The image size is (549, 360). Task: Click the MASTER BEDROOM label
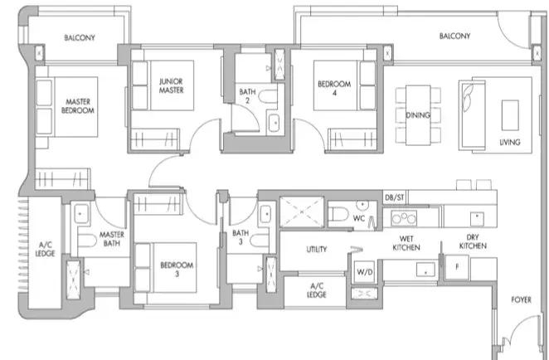coord(78,106)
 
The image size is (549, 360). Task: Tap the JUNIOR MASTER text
coord(171,85)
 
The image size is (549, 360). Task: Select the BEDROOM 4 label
coord(334,88)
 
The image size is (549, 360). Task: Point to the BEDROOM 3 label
coord(177,270)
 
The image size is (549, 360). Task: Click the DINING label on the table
coord(418,115)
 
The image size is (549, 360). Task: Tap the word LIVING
coord(510,142)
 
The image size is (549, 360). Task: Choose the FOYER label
coord(522,299)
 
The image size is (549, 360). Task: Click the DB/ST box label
coord(395,197)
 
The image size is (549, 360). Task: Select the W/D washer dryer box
coord(365,271)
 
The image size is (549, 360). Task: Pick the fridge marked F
coord(457,267)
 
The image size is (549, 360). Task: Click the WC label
coord(359,218)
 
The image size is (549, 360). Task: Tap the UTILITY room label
coord(317,250)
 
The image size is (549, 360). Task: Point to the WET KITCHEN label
coord(406,243)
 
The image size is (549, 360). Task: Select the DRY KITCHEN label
coord(473,241)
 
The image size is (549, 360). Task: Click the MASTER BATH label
coord(112,239)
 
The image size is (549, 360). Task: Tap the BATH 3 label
coord(240,237)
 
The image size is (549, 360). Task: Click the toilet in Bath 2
coord(268,96)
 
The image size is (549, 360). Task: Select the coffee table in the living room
coord(510,115)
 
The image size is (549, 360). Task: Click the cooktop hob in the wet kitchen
coord(404,218)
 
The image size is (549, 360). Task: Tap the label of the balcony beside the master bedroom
coord(80,37)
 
